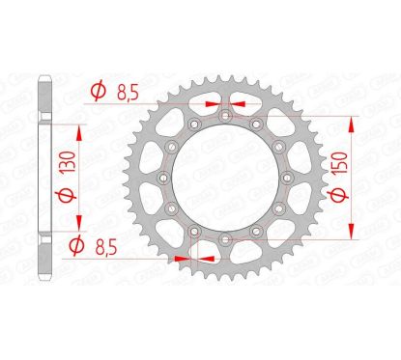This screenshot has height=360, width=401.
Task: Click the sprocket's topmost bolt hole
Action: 225,116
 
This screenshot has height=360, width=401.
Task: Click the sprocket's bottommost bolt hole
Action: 225,237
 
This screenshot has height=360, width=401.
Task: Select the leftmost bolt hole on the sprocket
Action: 164,177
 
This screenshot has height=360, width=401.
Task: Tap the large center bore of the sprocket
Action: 225,177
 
